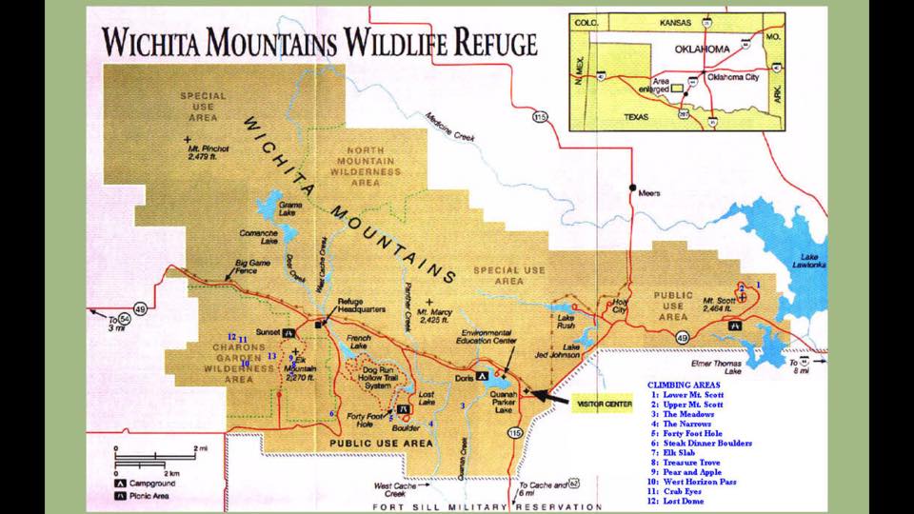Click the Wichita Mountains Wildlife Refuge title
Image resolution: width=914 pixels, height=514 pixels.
[x=319, y=43]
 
